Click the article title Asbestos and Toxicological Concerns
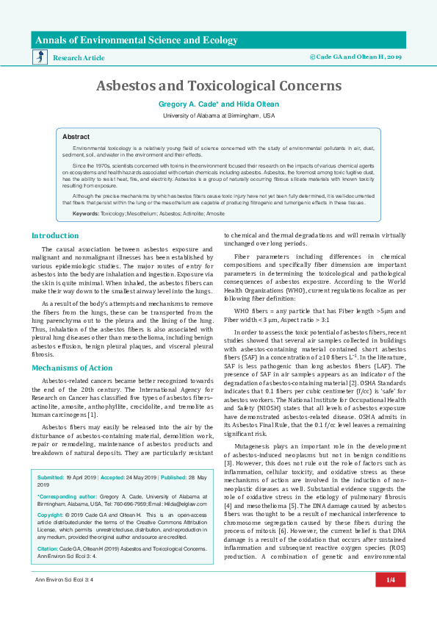(218, 86)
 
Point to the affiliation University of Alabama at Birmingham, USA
(218, 115)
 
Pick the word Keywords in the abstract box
(85, 212)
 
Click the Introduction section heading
(54, 235)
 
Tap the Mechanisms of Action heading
(72, 367)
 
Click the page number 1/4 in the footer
(391, 601)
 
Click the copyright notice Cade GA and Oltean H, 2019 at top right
(355, 56)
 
